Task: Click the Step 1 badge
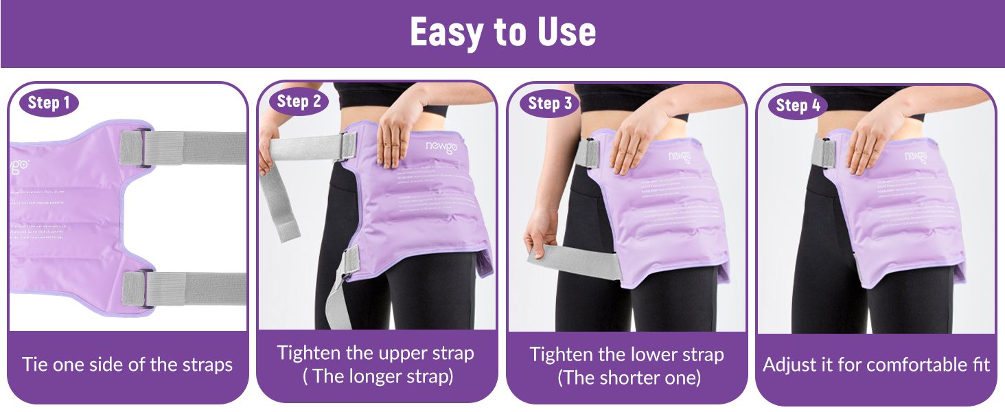49,104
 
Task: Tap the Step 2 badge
299,102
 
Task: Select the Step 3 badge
549,104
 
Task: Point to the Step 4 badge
798,105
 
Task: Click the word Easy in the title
452,32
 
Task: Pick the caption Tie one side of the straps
127,365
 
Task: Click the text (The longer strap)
378,377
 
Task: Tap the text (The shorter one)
629,378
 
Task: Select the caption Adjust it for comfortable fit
877,365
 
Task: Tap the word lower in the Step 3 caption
657,355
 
